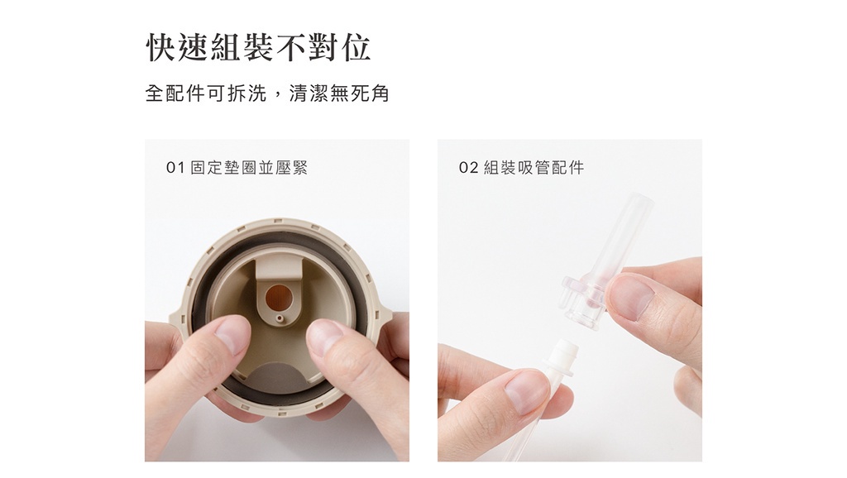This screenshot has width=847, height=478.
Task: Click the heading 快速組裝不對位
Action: click(x=259, y=47)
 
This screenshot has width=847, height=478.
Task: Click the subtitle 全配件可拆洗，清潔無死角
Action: click(x=267, y=93)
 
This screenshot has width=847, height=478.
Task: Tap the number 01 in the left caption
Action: click(x=175, y=168)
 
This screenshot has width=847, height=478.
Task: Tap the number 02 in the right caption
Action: click(x=468, y=168)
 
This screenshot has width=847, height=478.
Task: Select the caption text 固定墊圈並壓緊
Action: click(x=249, y=168)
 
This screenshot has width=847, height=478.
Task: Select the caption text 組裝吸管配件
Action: click(x=534, y=168)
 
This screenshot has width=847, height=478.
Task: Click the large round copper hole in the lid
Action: click(x=280, y=296)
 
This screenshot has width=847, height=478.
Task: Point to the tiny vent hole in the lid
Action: click(x=279, y=318)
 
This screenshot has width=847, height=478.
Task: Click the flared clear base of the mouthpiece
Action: click(x=582, y=299)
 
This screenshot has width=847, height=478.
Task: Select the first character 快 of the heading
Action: click(x=161, y=47)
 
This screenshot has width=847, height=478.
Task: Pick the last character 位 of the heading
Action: click(x=356, y=47)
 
